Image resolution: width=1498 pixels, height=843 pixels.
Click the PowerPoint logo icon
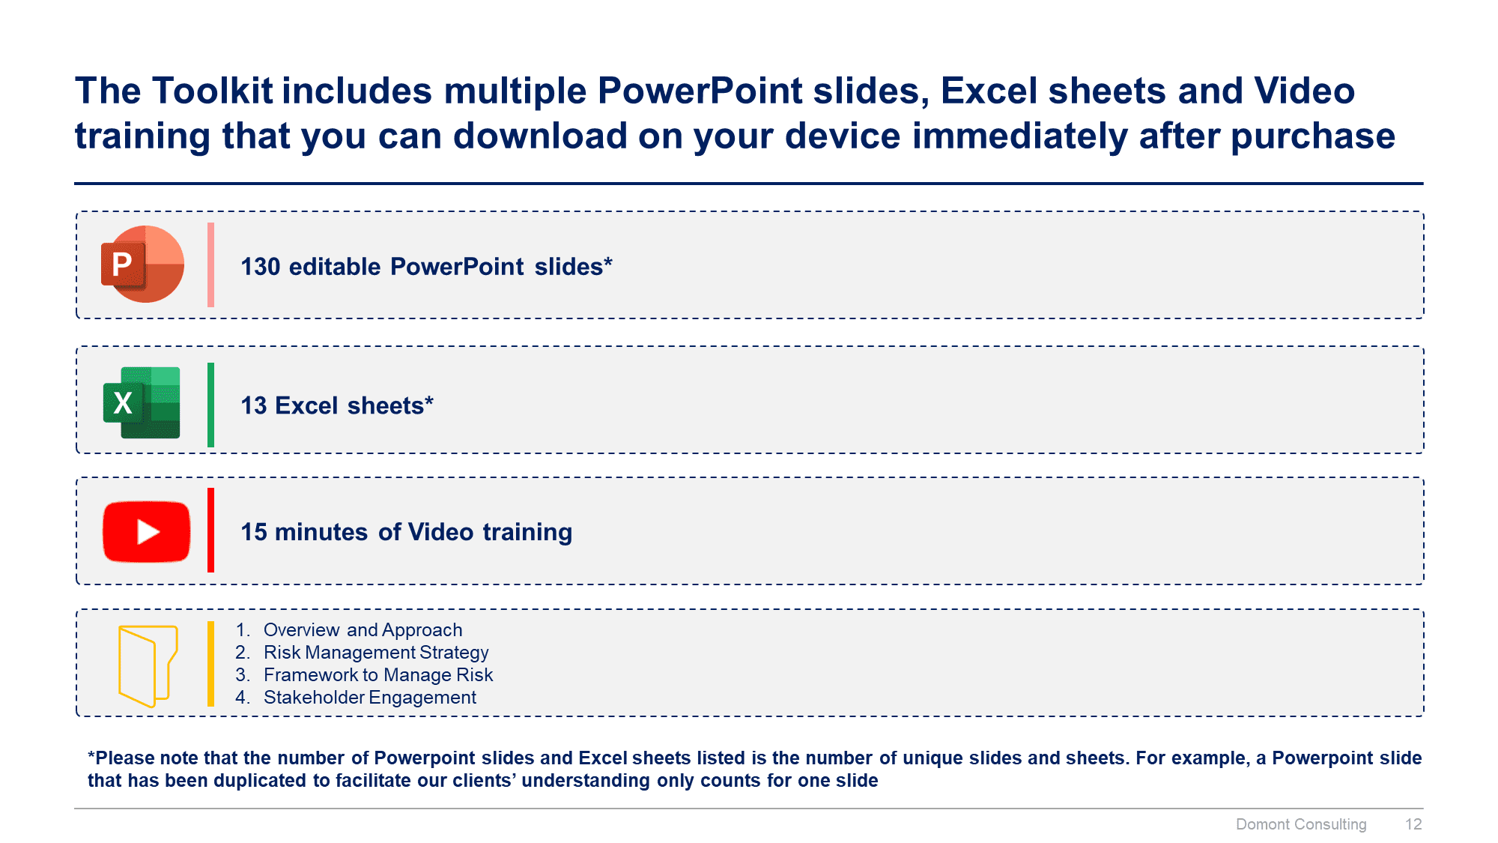pos(142,264)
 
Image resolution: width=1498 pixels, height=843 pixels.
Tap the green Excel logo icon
pos(142,402)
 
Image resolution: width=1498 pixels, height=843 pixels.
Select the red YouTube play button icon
pos(146,531)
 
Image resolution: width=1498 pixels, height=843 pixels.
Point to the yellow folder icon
pos(148,666)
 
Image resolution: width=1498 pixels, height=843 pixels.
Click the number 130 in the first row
pos(260,267)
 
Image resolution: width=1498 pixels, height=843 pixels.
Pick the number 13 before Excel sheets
pos(254,405)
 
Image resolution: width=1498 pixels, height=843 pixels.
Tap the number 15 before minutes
pos(254,532)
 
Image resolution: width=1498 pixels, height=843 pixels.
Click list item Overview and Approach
pos(363,630)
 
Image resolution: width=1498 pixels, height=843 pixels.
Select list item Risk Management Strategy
pos(376,653)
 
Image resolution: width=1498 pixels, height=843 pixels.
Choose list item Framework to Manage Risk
pos(378,675)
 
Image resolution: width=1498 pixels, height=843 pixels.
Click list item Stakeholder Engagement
pos(370,698)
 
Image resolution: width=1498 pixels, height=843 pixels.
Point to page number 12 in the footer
pos(1413,824)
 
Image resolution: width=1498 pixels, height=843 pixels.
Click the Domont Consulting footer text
pos(1301,824)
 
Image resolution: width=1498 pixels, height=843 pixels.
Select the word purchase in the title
pos(1313,137)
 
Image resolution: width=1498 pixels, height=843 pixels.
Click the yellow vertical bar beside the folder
pos(210,664)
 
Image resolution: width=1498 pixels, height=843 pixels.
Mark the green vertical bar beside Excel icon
pos(210,405)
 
